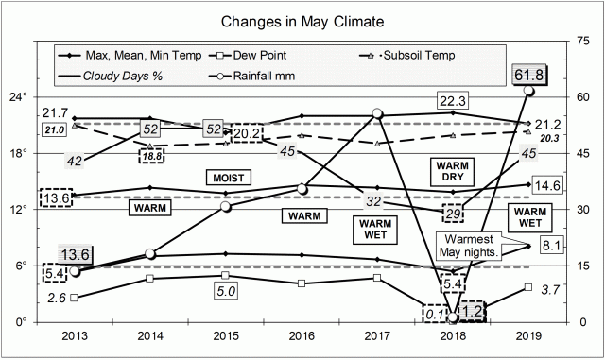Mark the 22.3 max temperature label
[455, 98]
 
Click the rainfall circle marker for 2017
[377, 114]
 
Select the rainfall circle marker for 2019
[529, 90]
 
